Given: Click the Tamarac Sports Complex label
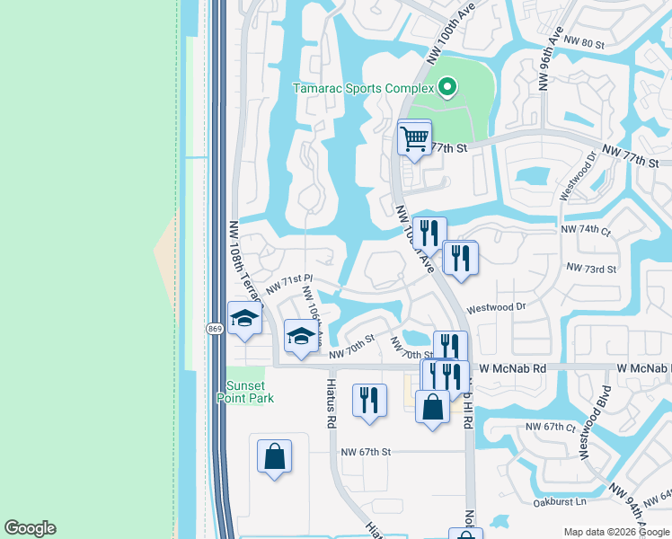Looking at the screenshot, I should coord(364,88).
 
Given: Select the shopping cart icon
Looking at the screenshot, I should coord(414,138).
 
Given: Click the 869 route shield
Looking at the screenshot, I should coord(215,330).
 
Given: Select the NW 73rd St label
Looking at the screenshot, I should coord(591,269).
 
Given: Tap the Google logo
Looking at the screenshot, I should coord(30,528).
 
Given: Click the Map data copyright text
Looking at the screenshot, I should coord(616,532).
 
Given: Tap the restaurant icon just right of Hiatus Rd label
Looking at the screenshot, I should coord(369,400).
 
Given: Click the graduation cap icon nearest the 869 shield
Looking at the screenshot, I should coord(244,319).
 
